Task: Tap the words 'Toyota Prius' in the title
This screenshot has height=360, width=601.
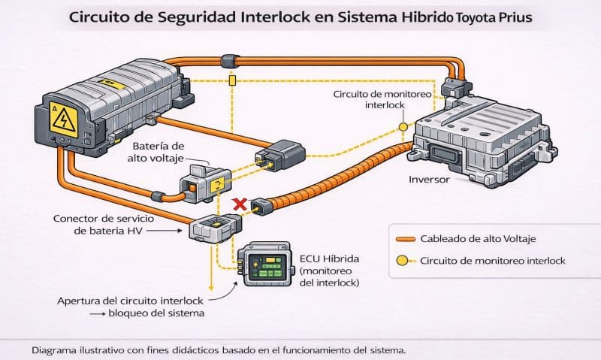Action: pyautogui.click(x=492, y=17)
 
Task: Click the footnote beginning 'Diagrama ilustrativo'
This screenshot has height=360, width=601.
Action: pyautogui.click(x=219, y=350)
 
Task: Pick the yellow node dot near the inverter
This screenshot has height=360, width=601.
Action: pyautogui.click(x=403, y=127)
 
